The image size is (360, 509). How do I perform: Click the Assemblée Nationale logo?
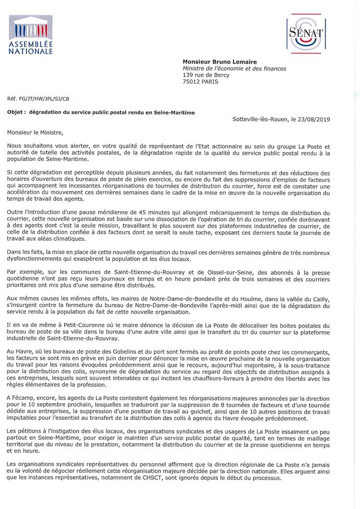[30, 36]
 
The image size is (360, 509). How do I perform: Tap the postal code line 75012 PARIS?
[200, 82]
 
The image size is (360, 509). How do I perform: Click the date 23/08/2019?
[313, 120]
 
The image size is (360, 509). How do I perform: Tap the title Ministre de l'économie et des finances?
[234, 68]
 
